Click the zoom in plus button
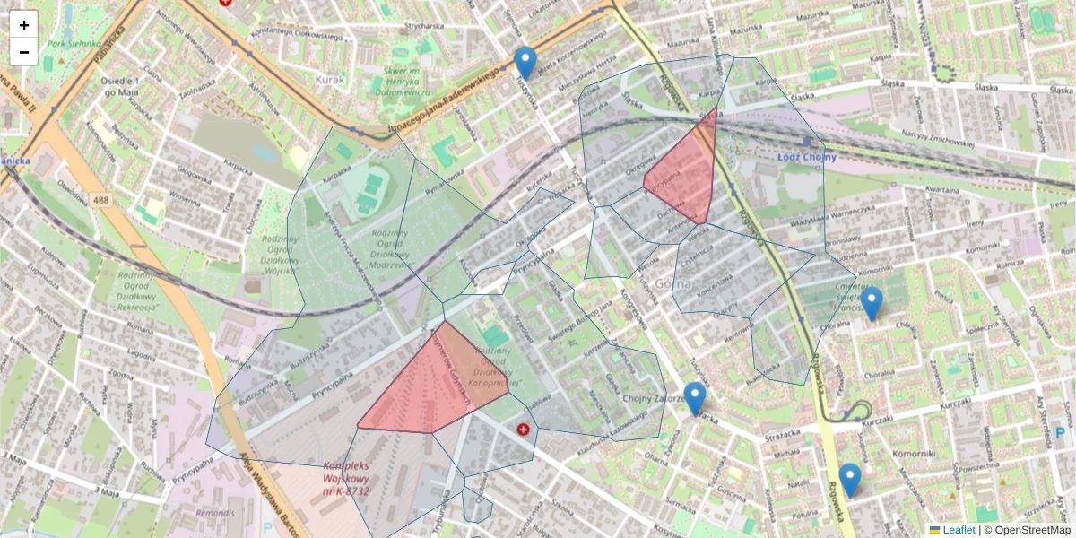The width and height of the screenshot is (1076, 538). pos(24,25)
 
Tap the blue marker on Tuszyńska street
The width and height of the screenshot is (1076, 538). pos(525,64)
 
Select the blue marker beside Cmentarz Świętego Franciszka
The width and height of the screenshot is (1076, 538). pos(871,303)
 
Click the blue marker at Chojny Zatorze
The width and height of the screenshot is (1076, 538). pos(695,398)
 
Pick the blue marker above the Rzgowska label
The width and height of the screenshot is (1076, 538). pos(850,480)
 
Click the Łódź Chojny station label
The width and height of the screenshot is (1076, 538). pos(806,158)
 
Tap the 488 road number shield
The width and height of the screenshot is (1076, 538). pos(100,200)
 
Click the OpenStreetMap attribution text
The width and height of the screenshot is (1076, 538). pos(1031,530)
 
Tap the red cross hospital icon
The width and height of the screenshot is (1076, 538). pos(522,430)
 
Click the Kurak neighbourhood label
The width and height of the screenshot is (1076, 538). pos(330,79)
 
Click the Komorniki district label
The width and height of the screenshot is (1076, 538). pos(914,455)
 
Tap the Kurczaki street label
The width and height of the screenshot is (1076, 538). pos(957,405)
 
